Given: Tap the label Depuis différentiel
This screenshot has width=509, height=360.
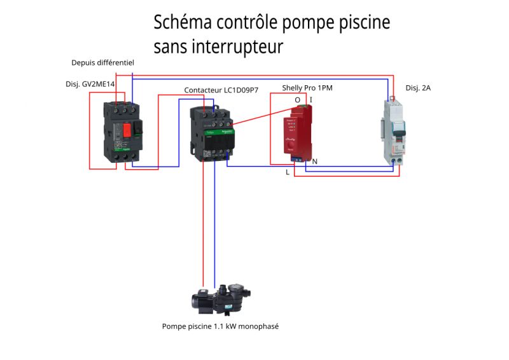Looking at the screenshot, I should click(x=102, y=62).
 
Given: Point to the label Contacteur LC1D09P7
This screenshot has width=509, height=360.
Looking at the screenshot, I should click(x=221, y=90).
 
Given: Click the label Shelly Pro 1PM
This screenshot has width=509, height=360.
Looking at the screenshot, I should click(x=307, y=88).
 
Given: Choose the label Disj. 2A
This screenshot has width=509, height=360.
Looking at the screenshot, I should click(x=418, y=88).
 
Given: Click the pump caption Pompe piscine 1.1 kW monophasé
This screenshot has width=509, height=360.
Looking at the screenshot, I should click(x=220, y=326).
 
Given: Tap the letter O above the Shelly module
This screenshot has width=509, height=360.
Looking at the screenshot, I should click(x=297, y=100).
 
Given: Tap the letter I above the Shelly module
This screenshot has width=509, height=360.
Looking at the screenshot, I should click(x=311, y=100).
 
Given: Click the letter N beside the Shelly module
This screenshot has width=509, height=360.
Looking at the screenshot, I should click(x=315, y=162).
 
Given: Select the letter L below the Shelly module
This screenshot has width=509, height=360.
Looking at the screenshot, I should click(x=288, y=172).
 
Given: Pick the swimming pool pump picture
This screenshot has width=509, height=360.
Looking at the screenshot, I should click(x=220, y=300).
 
